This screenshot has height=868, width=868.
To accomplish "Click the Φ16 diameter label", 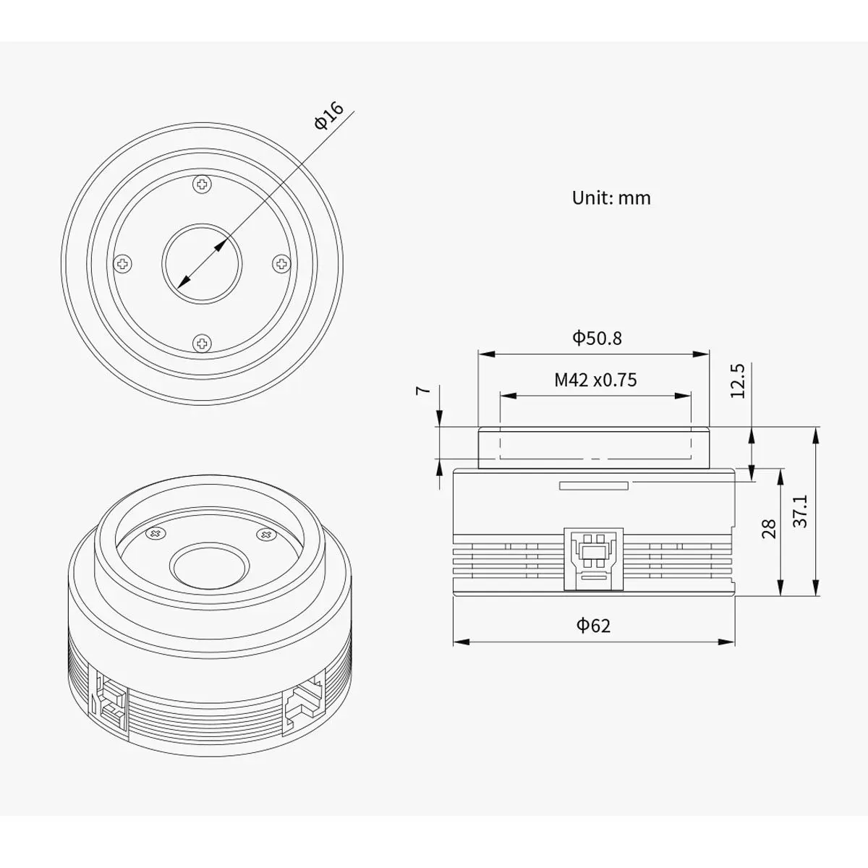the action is pos(329,116).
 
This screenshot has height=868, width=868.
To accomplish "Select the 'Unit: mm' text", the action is pos(611,198).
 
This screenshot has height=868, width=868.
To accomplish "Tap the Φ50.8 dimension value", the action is pos(597,338).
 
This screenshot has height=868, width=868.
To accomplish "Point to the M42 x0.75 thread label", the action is pos(595,380).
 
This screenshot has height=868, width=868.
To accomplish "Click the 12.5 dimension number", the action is pos(738,381).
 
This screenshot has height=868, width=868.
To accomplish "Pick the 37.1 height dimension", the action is pos(801,511).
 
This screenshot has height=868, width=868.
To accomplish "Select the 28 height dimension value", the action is pos(768,529).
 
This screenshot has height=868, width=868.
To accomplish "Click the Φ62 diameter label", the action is pos(594,625).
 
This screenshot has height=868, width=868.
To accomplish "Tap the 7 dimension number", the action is pos(423,389).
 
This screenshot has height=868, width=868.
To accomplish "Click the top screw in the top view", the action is pos(202,184).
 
